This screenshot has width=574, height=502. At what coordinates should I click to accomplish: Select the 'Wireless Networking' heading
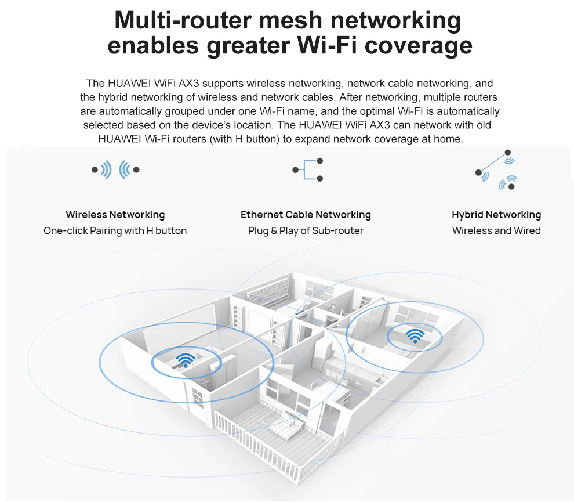point(115,215)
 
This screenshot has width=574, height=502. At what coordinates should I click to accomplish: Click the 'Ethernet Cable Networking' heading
point(306,215)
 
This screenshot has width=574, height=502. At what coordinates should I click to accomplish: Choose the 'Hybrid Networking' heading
point(496,215)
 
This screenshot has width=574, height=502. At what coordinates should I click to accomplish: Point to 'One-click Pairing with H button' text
point(115,231)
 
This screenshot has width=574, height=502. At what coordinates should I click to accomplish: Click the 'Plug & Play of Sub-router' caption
point(306,231)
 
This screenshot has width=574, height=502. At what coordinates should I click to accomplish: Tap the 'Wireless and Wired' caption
point(496,231)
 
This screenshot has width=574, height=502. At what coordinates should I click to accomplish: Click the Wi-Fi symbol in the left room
point(186,360)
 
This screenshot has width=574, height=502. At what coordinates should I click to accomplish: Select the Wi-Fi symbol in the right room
point(415,335)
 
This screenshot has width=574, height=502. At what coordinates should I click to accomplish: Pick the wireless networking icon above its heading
point(115,170)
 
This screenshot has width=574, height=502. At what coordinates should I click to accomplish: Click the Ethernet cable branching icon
point(308,170)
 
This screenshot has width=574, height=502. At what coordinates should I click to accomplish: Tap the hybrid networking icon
point(497,169)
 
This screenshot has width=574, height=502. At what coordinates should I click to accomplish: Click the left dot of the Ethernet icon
point(295,170)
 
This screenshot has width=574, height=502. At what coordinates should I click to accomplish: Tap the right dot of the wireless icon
point(136,170)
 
